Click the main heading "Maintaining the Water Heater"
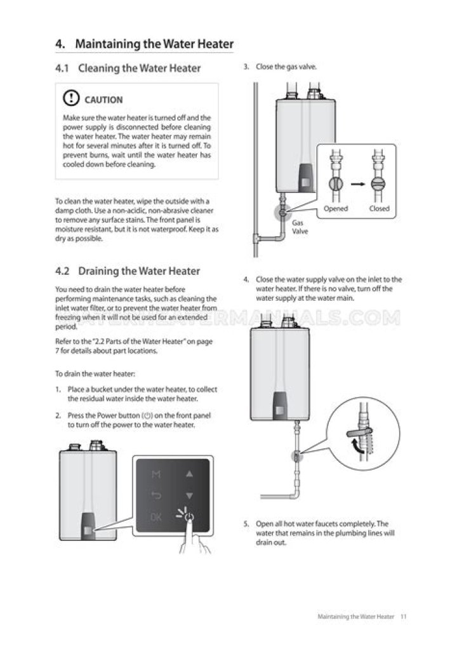coord(154,44)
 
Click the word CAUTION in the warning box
coord(103,100)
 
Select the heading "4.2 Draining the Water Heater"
coord(127,271)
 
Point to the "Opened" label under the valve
coord(336,209)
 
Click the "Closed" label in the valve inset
coord(379,209)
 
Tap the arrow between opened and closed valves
coord(359,184)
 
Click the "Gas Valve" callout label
coord(298,228)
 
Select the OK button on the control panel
coord(156,517)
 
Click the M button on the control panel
coord(156,474)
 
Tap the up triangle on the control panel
coord(189,474)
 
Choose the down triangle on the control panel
coord(189,495)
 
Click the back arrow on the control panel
coord(156,495)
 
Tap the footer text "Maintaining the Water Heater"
coord(355,616)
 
